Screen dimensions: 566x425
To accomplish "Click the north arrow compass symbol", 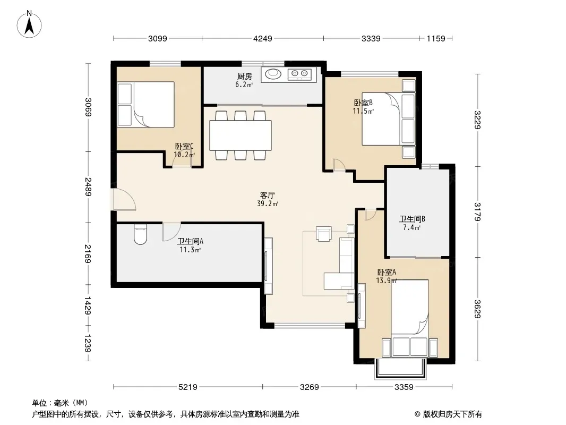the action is point(29,24).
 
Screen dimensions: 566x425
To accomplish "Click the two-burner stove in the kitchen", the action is point(299,74).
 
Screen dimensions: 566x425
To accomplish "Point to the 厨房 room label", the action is point(244,76).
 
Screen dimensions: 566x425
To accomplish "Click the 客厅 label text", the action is point(268,195).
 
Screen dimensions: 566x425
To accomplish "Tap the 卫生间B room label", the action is point(412,219).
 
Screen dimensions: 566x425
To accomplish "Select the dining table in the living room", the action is point(241,135).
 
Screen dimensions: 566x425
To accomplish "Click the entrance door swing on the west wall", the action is point(124,199).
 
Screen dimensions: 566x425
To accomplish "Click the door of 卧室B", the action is point(339,165).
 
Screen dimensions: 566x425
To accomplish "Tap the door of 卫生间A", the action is point(171,232).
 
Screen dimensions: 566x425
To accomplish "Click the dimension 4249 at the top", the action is point(262,38).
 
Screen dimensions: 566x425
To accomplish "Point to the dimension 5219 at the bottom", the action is point(188,387).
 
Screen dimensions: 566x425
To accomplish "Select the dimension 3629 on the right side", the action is point(477,309).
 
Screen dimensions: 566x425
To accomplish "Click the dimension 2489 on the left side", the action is point(88,186).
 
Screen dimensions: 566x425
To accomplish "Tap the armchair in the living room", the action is point(323,233).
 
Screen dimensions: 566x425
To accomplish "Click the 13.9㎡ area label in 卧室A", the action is point(387,280).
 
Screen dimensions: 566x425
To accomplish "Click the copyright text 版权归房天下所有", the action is point(452,414).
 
